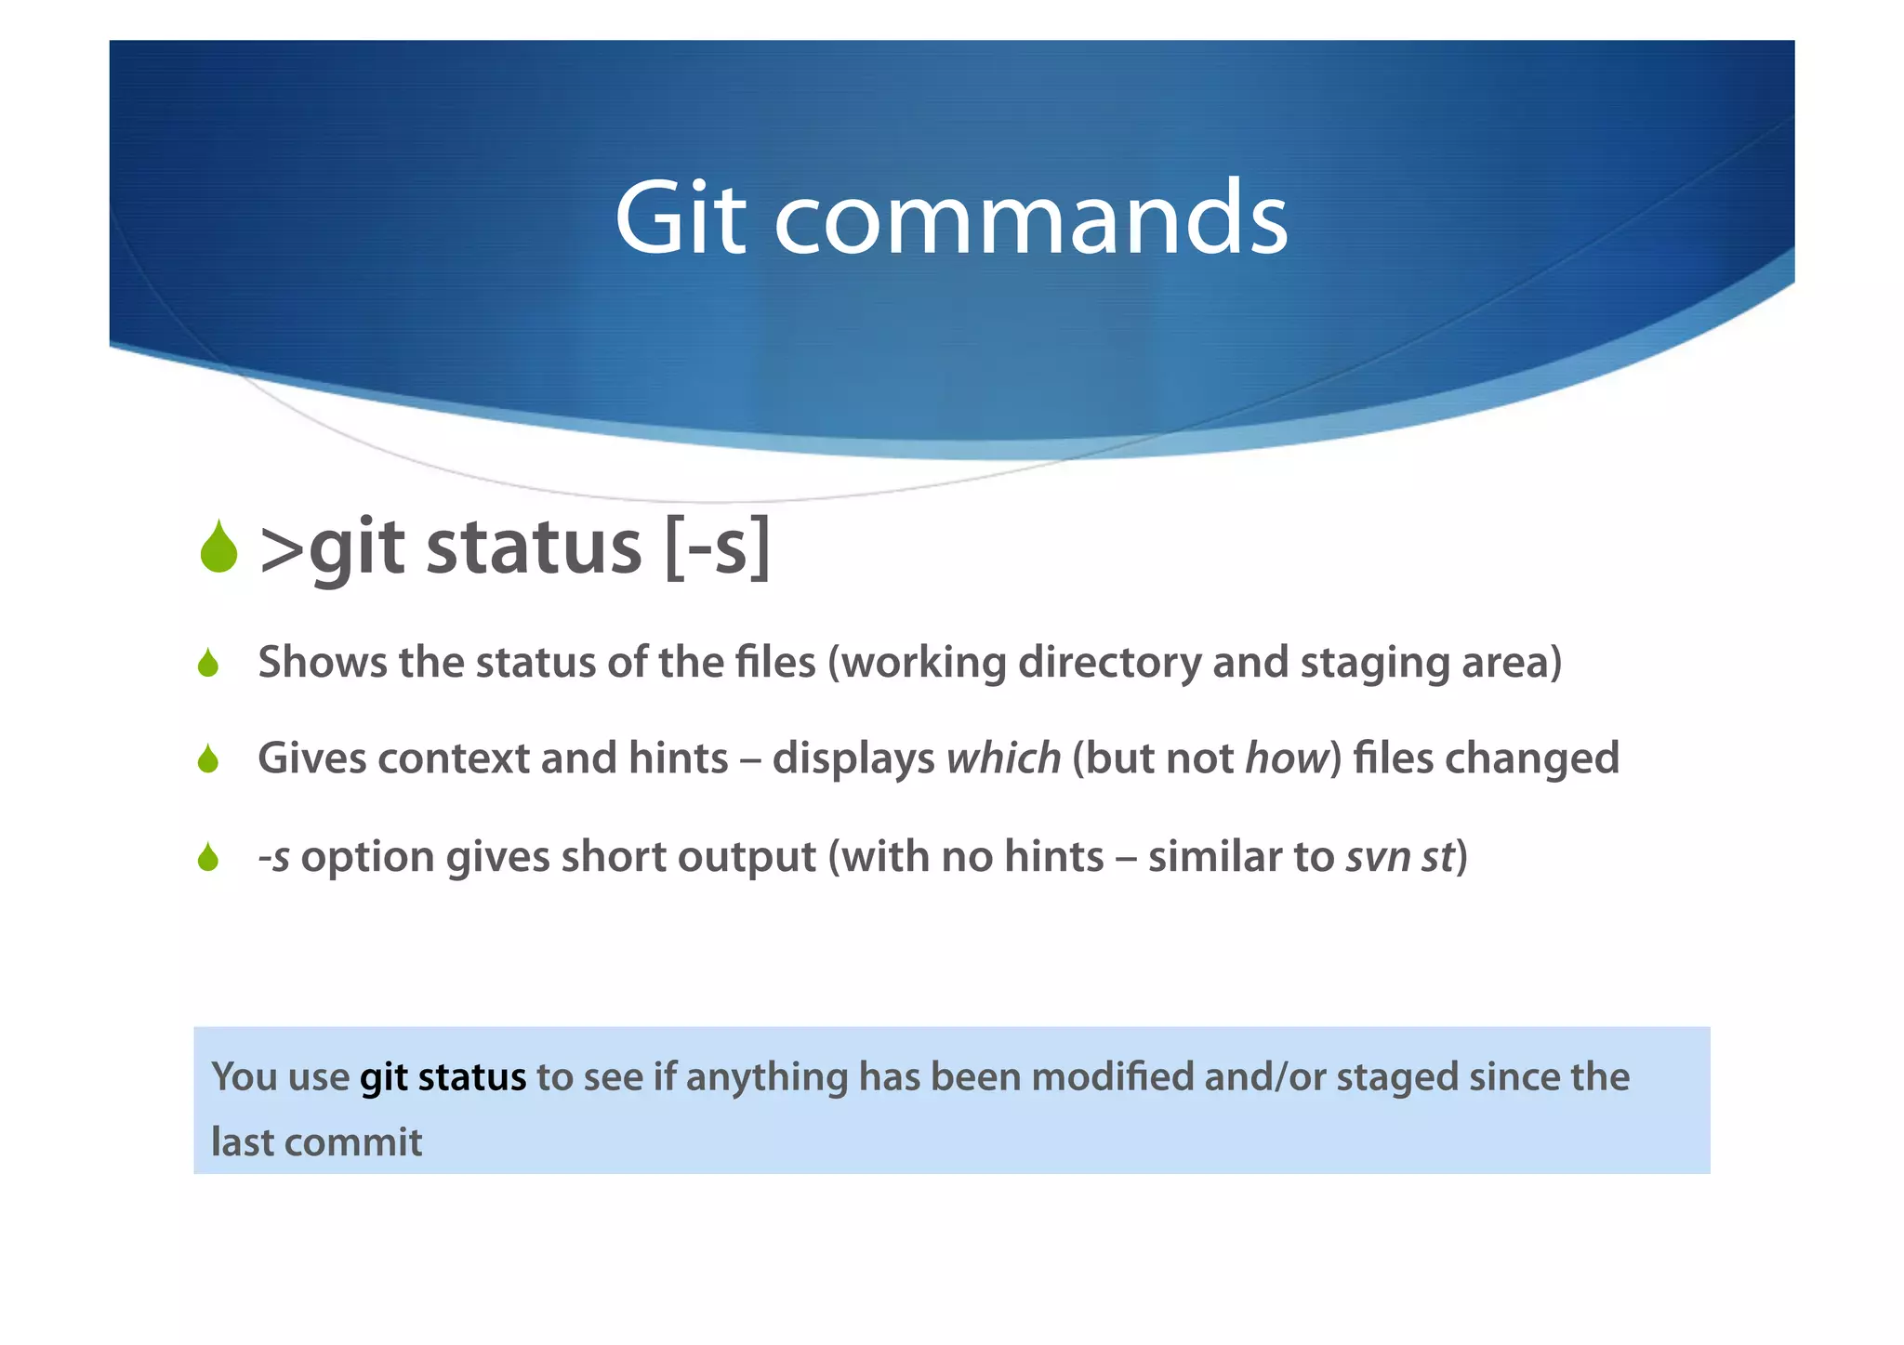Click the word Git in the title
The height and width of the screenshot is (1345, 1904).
click(x=680, y=218)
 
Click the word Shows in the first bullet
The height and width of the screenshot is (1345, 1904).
click(x=322, y=663)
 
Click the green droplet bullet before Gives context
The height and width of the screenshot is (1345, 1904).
click(x=208, y=758)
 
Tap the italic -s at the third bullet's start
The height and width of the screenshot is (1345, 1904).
click(x=274, y=856)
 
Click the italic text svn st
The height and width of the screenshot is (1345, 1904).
click(x=1399, y=856)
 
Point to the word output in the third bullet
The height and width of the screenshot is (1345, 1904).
click(x=747, y=858)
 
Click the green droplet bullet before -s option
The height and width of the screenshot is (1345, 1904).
click(x=208, y=856)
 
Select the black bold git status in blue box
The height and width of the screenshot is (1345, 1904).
click(x=443, y=1077)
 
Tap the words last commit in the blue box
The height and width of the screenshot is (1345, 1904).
click(x=316, y=1141)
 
